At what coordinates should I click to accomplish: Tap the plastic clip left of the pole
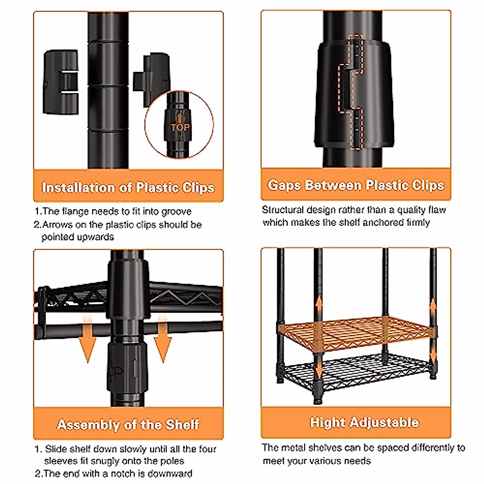pos(60,81)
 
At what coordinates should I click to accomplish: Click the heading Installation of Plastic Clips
pos(128,188)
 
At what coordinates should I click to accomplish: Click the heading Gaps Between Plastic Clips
pos(356,185)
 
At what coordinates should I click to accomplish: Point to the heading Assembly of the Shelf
pos(128,424)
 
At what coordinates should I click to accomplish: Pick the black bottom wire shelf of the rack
pos(355,373)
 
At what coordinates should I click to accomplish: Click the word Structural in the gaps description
pos(283,210)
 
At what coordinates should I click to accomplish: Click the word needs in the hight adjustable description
pos(357,460)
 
